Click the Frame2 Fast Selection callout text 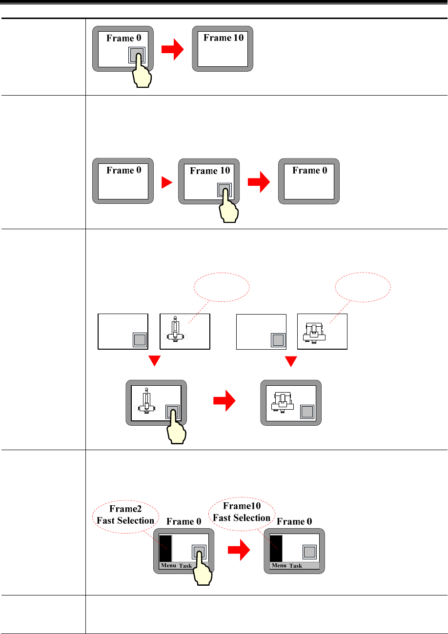coord(125,515)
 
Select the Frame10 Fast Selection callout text coord(242,513)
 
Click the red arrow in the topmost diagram coord(174,49)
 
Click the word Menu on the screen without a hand coord(279,566)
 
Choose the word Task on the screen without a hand coord(295,566)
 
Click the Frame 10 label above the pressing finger coord(209,171)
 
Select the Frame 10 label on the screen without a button coord(223,38)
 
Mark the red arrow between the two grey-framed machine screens coord(224,403)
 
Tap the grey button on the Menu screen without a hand coord(309,552)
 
